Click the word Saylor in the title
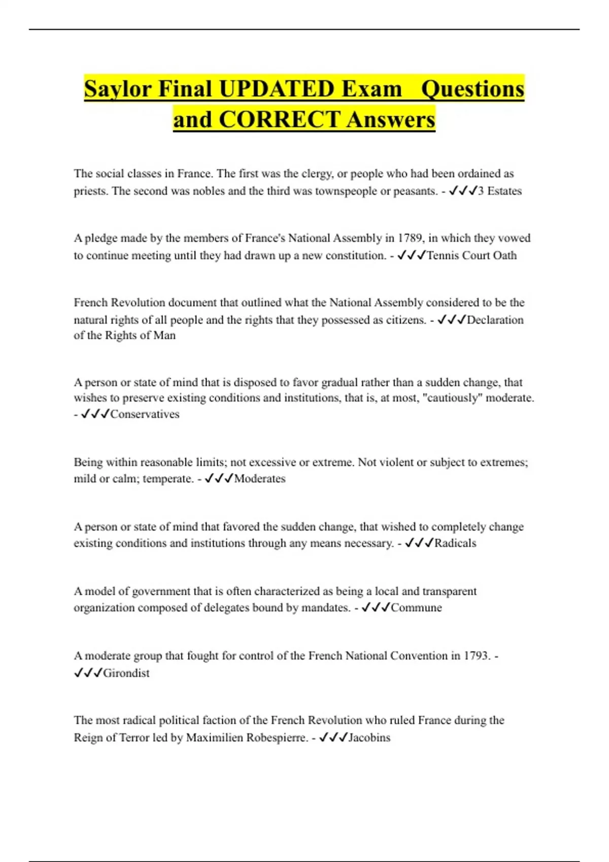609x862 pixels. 118,89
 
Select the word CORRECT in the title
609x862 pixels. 279,120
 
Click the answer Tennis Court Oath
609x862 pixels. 471,256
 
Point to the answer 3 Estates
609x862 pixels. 500,191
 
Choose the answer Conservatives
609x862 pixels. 145,414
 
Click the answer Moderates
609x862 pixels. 259,479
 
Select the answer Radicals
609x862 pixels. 455,543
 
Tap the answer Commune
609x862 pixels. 416,607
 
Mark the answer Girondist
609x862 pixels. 126,673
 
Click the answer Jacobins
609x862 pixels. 369,738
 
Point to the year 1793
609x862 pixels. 477,656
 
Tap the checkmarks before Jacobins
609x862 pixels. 333,738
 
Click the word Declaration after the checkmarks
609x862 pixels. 495,320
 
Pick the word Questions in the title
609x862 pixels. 472,89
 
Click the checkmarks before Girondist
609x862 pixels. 88,673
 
